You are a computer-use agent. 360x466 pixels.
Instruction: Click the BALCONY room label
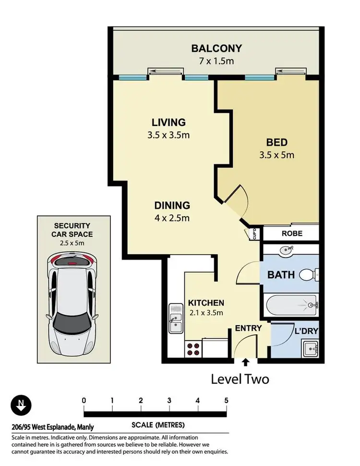coord(216,49)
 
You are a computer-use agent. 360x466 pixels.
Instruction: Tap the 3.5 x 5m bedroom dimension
coord(277,155)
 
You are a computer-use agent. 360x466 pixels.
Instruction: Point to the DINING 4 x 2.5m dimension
coord(172,218)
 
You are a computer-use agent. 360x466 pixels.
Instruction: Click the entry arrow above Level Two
coord(246,362)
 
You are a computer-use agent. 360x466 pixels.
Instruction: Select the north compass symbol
coord(20,405)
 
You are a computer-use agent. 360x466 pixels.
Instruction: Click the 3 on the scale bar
coord(169,400)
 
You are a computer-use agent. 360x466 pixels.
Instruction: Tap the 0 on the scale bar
coord(84,400)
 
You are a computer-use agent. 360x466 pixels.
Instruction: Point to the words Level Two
coord(240,379)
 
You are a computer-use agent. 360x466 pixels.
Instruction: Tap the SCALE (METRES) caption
coord(158,425)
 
